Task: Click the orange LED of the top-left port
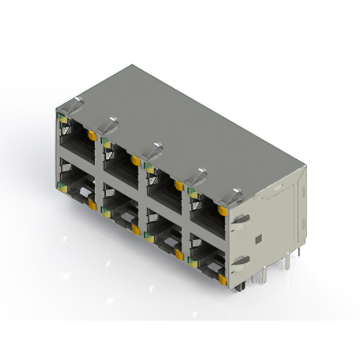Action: [x=92, y=135]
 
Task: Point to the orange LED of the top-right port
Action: [x=223, y=211]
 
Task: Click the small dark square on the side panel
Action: [x=258, y=240]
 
